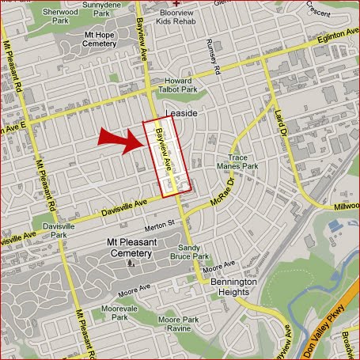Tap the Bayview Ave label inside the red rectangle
167,150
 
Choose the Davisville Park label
58,230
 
